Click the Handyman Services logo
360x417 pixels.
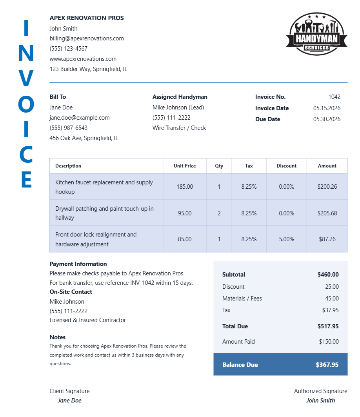(x=316, y=34)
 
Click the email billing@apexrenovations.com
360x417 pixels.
(x=87, y=38)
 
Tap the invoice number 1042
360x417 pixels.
(x=334, y=97)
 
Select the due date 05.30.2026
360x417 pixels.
(x=327, y=119)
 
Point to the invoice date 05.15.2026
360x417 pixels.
(x=327, y=108)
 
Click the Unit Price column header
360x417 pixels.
(x=185, y=166)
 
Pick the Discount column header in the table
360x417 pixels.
(x=286, y=166)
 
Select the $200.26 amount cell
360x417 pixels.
(x=327, y=187)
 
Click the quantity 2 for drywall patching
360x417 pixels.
(x=219, y=213)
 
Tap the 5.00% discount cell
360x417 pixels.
(x=286, y=239)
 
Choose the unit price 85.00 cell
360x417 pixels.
(x=185, y=239)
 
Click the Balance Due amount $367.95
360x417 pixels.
(x=327, y=365)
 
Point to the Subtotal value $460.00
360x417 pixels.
(x=328, y=275)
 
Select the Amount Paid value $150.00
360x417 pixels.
(x=329, y=342)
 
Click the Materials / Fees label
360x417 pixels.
(x=242, y=299)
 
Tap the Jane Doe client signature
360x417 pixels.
(x=69, y=401)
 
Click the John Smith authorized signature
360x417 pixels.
(x=320, y=401)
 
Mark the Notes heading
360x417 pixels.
(x=58, y=337)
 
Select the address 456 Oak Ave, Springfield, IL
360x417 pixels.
(x=84, y=138)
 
